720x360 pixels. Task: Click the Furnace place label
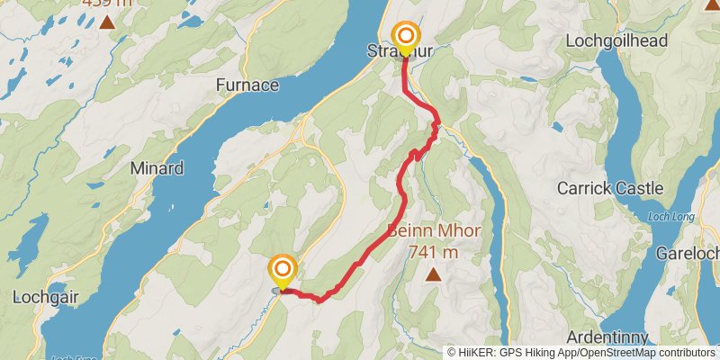point(247,85)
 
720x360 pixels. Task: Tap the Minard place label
point(157,168)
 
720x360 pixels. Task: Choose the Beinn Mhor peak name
point(434,231)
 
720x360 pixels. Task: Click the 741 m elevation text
point(434,252)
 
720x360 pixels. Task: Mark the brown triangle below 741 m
point(434,274)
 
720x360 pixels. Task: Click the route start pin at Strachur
point(405,38)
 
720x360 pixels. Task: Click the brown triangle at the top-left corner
point(107,22)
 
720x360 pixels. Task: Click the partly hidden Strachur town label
point(400,51)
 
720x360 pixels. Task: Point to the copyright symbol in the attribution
point(452,353)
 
